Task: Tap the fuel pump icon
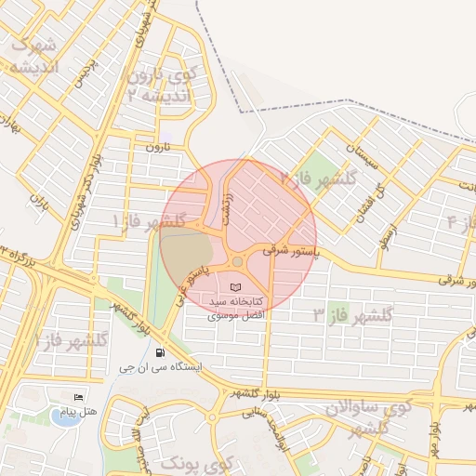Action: [162, 352]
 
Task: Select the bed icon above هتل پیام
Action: [77, 397]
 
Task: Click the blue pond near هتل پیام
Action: [63, 416]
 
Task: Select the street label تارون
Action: [160, 147]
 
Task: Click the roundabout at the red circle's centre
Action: [238, 261]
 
